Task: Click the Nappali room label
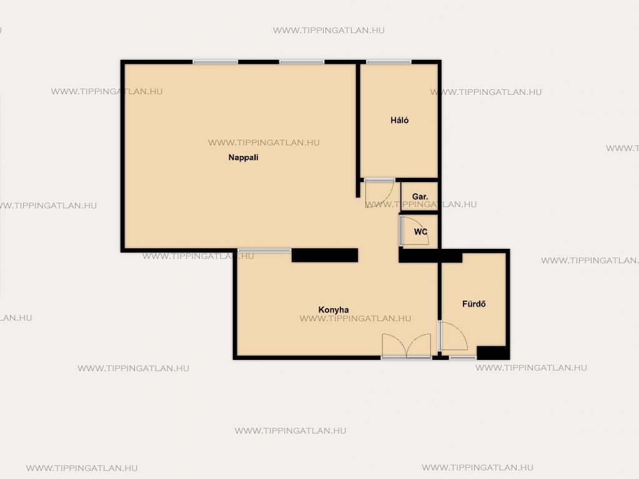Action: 243,158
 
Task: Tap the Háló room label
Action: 399,120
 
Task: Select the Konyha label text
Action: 334,310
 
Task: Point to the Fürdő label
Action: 473,304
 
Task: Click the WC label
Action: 420,231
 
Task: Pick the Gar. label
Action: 420,196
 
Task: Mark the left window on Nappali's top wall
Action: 215,62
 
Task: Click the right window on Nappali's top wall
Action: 302,62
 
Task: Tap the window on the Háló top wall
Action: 389,62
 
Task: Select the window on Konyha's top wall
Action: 264,250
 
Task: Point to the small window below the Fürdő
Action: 463,358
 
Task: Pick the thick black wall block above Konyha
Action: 325,255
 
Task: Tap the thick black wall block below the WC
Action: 430,256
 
